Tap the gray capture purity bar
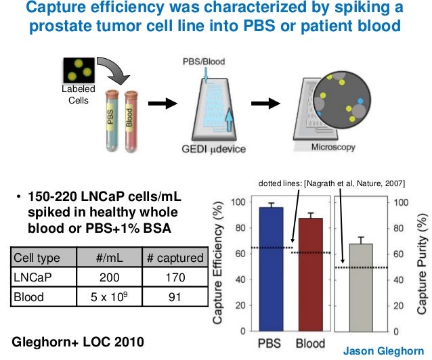click(361, 288)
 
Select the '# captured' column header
click(175, 257)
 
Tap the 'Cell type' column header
click(37, 257)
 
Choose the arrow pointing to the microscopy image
click(266, 104)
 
